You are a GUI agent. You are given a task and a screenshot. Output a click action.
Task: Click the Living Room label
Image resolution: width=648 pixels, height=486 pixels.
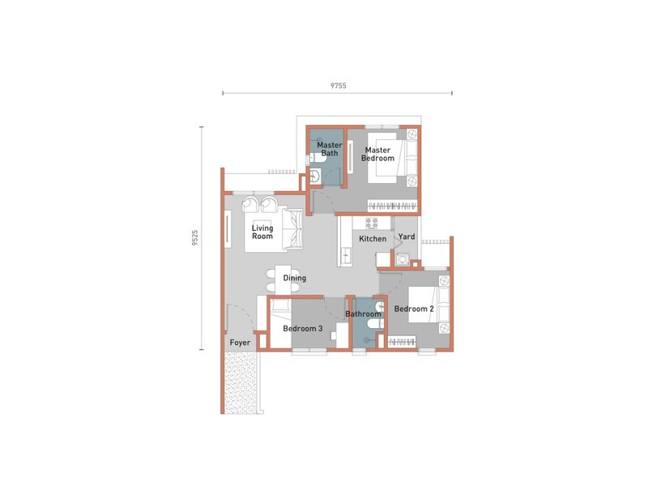pos(262,232)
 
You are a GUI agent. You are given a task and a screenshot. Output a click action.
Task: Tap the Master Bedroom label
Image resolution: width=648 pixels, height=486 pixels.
pos(378,154)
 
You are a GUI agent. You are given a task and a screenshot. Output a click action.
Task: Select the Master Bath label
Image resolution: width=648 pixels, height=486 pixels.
pos(329,149)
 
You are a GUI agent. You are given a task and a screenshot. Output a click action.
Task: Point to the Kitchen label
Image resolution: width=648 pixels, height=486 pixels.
pos(373,239)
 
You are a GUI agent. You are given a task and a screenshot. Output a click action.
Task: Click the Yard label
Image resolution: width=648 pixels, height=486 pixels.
pos(406,237)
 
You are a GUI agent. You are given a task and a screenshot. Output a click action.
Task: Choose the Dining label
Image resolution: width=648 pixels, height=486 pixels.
pos(295,279)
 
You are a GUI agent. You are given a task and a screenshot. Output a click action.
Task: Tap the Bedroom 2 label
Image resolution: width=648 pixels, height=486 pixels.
pos(414,309)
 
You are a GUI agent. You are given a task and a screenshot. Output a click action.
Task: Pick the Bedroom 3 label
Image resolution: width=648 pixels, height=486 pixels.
pos(303,329)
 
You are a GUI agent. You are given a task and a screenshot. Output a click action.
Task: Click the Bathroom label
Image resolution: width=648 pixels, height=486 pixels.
pos(363,313)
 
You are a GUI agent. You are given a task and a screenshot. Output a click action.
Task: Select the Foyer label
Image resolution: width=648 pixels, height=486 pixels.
pos(240,343)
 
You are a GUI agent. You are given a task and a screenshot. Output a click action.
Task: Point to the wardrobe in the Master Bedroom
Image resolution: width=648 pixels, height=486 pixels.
pos(392,202)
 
